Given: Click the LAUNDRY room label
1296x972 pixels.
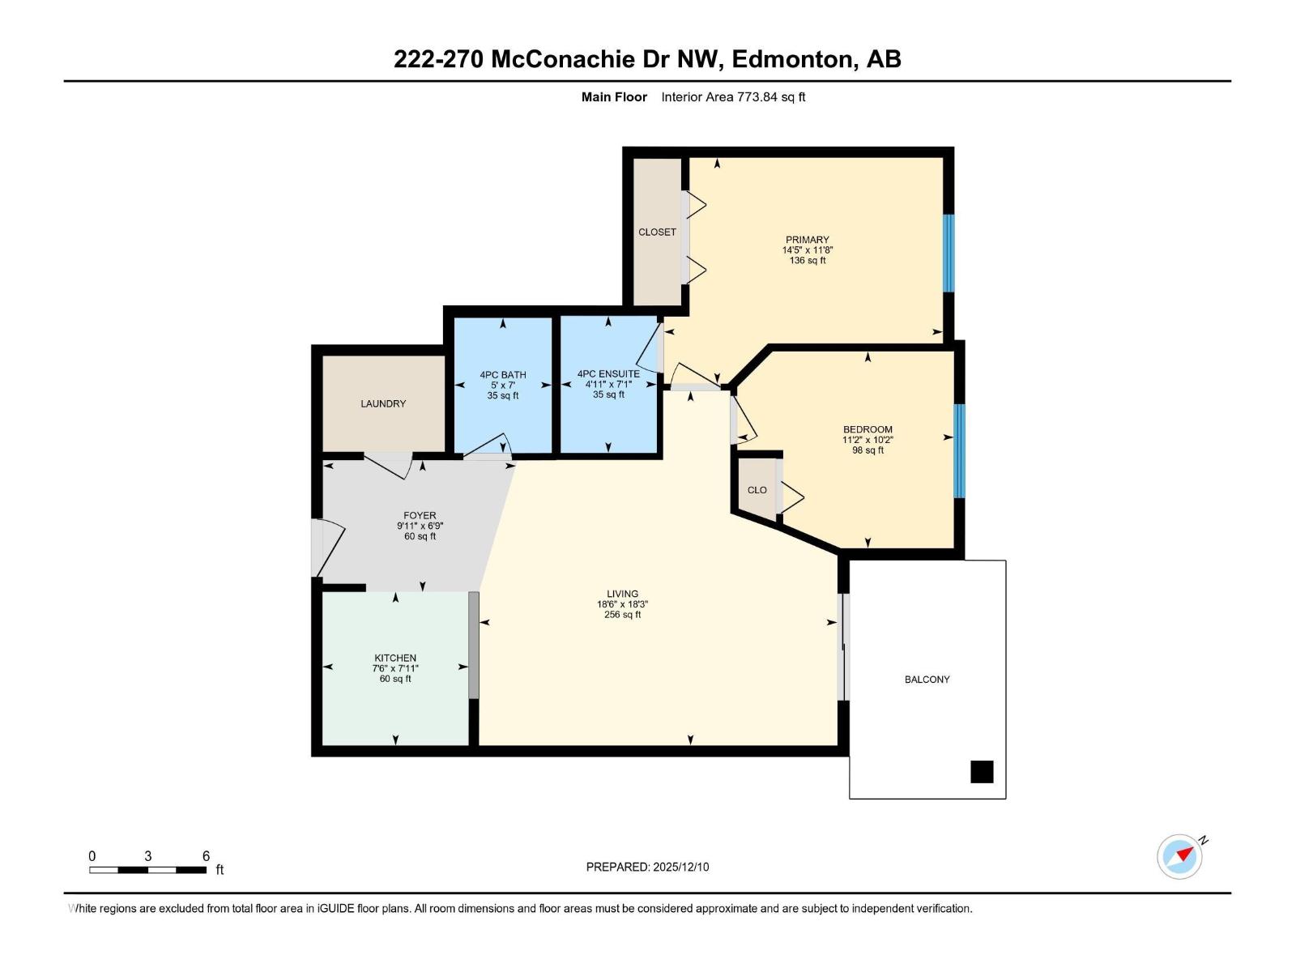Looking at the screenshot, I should [383, 403].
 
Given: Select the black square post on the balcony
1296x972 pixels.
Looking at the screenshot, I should [982, 772].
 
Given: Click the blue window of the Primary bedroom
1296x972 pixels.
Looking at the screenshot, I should [949, 253].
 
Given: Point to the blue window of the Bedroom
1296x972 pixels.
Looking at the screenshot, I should [959, 451].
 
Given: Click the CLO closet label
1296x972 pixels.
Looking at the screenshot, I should [757, 490].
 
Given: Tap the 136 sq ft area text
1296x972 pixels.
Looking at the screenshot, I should [807, 261].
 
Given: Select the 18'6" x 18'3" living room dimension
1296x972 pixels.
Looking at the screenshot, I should [622, 604].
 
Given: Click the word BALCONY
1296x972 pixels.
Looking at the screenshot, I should [927, 680].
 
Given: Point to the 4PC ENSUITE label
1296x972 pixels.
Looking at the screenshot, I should [608, 374].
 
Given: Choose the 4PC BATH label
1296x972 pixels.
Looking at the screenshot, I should [502, 375].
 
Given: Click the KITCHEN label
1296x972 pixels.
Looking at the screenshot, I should [395, 658].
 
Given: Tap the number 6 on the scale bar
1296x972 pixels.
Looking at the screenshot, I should [206, 856].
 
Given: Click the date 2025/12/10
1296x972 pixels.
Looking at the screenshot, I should [680, 867].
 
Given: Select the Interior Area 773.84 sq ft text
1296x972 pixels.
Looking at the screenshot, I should [732, 97].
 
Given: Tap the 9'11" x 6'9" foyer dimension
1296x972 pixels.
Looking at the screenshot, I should [420, 526].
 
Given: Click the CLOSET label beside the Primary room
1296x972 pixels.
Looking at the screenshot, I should [657, 232].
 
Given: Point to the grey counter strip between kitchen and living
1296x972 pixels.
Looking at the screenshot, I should [474, 645].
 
